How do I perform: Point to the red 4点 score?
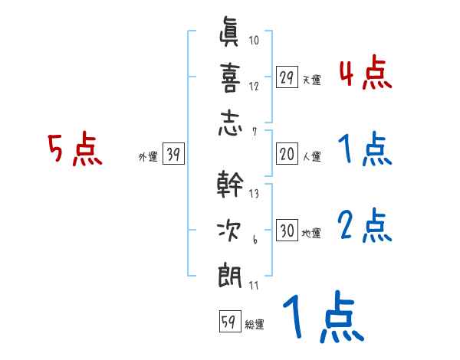[x=365, y=75]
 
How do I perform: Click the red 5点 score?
[x=75, y=149]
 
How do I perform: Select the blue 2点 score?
[x=365, y=226]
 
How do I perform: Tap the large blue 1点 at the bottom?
[x=321, y=317]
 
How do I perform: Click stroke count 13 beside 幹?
[x=254, y=195]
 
